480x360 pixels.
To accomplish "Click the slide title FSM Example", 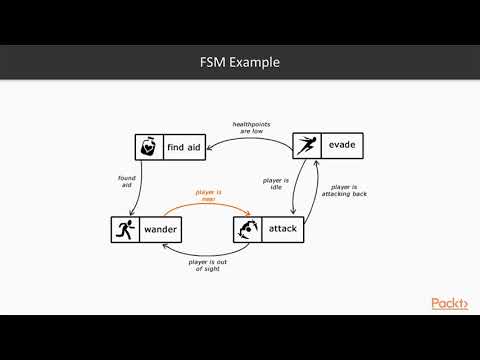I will [x=240, y=63].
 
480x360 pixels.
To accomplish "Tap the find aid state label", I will [x=183, y=148].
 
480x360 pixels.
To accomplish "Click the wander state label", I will [x=161, y=230].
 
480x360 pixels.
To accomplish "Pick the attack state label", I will [x=283, y=230].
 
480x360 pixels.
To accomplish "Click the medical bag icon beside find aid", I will [x=148, y=148].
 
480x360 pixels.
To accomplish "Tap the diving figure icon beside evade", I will [x=306, y=146].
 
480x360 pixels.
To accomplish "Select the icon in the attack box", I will [x=248, y=230].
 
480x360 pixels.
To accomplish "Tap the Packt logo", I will [x=449, y=303].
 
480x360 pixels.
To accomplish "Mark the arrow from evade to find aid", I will [x=250, y=139].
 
